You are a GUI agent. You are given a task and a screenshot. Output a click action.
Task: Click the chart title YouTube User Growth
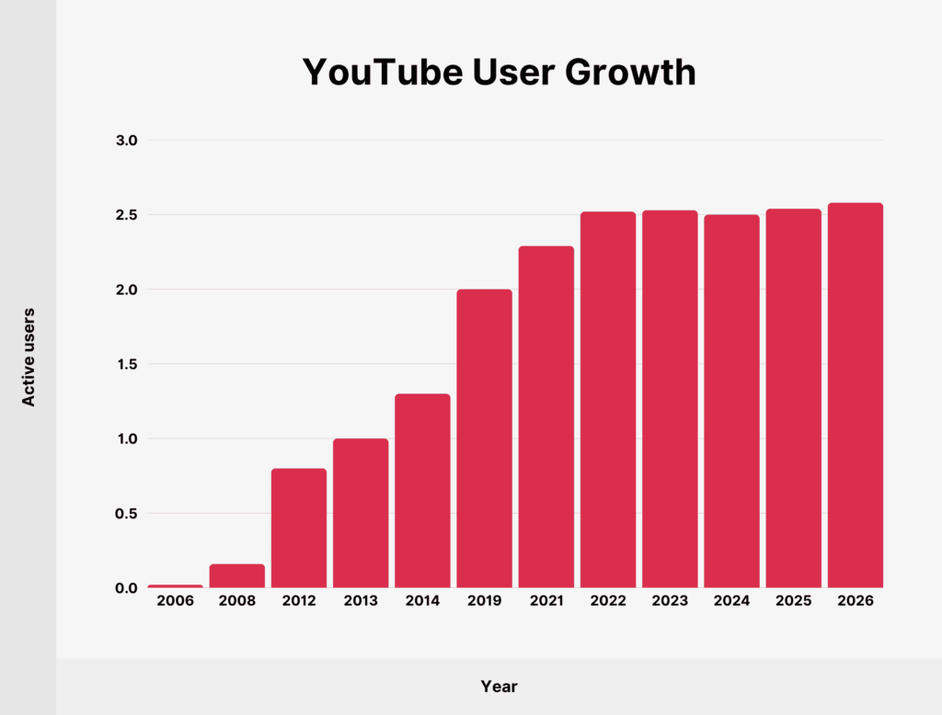coord(499,73)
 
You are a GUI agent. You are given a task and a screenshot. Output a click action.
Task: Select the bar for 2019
coord(484,438)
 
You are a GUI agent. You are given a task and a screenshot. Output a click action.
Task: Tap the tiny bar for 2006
coord(175,585)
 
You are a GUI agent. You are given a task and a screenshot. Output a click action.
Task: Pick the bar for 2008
coord(236,575)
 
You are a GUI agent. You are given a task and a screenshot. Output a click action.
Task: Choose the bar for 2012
coord(299,528)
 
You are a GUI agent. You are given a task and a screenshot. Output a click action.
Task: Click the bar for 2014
coord(422,491)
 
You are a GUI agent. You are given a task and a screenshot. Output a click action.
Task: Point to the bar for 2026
coord(855,395)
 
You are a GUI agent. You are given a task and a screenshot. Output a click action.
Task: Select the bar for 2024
coord(731,401)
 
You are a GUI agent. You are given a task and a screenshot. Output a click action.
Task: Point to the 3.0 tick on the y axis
coord(127,141)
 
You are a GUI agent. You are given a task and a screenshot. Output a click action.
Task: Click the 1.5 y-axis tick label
coord(127,364)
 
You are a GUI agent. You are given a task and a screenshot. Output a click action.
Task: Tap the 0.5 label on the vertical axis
coord(127,513)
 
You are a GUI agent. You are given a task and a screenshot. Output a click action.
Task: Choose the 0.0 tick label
coord(127,588)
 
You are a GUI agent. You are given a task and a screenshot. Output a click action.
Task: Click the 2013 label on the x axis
coord(361,601)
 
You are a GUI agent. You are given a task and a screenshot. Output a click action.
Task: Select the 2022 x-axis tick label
coord(607,601)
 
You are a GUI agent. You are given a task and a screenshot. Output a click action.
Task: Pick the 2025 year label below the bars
coord(793,601)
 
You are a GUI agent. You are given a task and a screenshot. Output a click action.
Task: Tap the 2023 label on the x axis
coord(670,601)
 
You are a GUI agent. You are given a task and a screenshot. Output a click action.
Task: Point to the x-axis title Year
coord(499,687)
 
